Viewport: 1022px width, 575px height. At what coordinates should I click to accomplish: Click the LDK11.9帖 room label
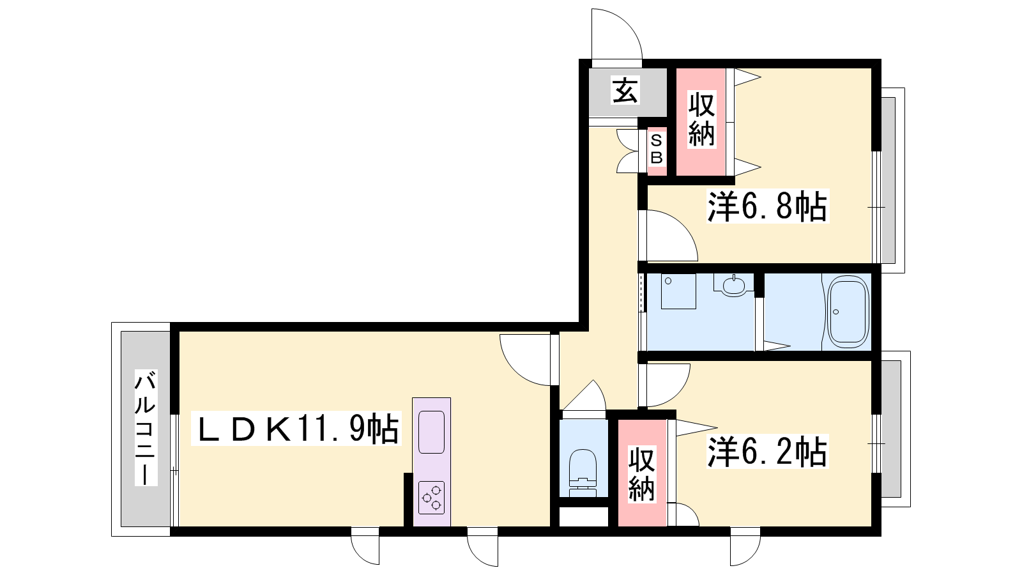pyautogui.click(x=296, y=429)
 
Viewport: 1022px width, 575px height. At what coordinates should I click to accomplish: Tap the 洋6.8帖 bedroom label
pyautogui.click(x=767, y=206)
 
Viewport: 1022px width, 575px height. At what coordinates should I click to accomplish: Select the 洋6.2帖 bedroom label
pyautogui.click(x=767, y=452)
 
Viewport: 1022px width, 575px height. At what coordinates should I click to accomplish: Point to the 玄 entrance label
pyautogui.click(x=625, y=90)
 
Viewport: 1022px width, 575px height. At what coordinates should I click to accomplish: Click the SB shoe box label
pyautogui.click(x=656, y=149)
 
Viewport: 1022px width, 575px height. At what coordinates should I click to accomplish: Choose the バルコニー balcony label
pyautogui.click(x=146, y=427)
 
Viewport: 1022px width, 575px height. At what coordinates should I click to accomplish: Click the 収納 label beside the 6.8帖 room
pyautogui.click(x=701, y=119)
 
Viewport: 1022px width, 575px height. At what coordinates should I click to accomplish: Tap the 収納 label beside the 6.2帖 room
pyautogui.click(x=641, y=474)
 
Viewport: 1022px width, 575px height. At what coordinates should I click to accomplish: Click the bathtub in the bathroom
pyautogui.click(x=848, y=312)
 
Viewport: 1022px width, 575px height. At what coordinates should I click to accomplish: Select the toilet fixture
pyautogui.click(x=583, y=472)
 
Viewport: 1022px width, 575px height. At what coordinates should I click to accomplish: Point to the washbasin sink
pyautogui.click(x=734, y=285)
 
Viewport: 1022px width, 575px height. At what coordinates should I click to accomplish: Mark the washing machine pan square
pyautogui.click(x=678, y=291)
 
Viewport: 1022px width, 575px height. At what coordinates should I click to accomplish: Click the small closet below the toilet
pyautogui.click(x=584, y=517)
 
